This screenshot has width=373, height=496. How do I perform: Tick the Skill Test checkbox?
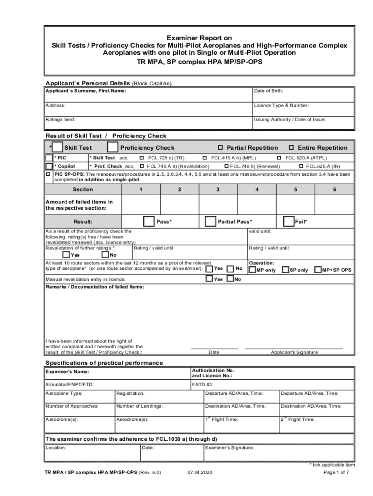click(57, 147)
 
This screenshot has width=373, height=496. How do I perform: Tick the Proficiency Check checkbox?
click(112, 147)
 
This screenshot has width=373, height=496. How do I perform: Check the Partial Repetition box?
click(220, 148)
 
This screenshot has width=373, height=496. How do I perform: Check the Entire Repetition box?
click(292, 148)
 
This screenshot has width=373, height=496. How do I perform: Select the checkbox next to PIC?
click(49, 158)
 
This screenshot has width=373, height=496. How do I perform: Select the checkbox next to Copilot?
click(49, 166)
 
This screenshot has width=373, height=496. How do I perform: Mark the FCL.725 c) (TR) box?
click(141, 158)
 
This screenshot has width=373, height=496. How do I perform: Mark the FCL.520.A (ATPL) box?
click(279, 158)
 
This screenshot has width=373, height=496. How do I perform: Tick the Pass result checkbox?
click(149, 221)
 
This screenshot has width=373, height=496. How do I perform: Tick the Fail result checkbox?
click(288, 221)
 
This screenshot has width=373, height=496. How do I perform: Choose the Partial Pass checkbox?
click(210, 221)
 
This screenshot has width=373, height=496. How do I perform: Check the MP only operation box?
click(252, 269)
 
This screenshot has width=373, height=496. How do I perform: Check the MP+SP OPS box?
click(318, 269)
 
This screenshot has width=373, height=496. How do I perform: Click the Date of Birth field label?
click(268, 91)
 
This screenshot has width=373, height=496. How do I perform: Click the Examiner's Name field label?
click(67, 372)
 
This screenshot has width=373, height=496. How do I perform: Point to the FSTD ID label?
click(203, 384)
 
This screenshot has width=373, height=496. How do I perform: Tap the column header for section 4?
click(257, 189)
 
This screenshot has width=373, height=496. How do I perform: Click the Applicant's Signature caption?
click(294, 352)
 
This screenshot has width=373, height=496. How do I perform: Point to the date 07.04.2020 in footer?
click(200, 472)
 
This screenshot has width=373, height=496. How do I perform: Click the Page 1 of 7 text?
click(336, 472)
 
